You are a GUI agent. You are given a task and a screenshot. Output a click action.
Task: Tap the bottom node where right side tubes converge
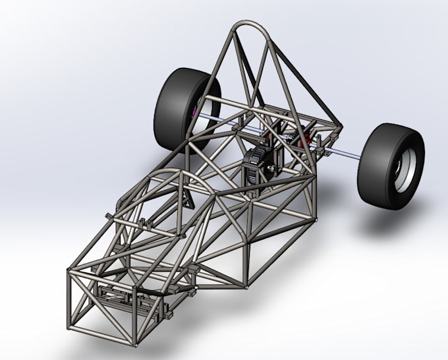244,285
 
